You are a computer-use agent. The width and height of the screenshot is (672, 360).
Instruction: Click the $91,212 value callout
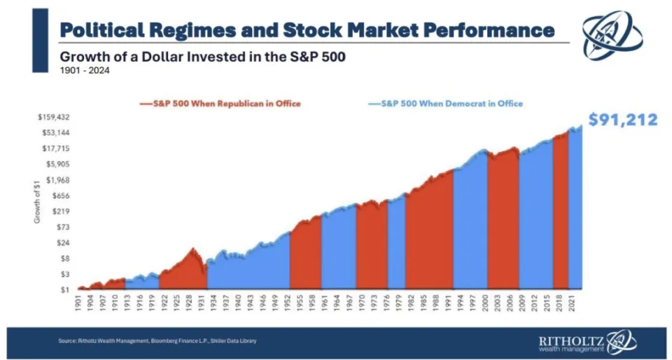622,120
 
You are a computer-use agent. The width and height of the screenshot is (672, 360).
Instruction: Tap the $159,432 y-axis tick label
55,117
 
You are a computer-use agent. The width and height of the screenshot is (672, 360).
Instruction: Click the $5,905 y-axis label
59,164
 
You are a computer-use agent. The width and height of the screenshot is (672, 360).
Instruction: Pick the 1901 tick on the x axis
80,304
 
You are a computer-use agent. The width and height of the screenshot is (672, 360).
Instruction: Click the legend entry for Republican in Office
223,104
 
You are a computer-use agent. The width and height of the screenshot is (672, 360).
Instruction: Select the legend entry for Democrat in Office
447,104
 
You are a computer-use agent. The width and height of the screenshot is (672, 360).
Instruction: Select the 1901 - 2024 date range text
84,70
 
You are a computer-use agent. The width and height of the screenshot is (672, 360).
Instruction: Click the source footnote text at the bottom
157,341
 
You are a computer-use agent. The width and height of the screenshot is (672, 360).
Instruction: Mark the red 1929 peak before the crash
192,249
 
